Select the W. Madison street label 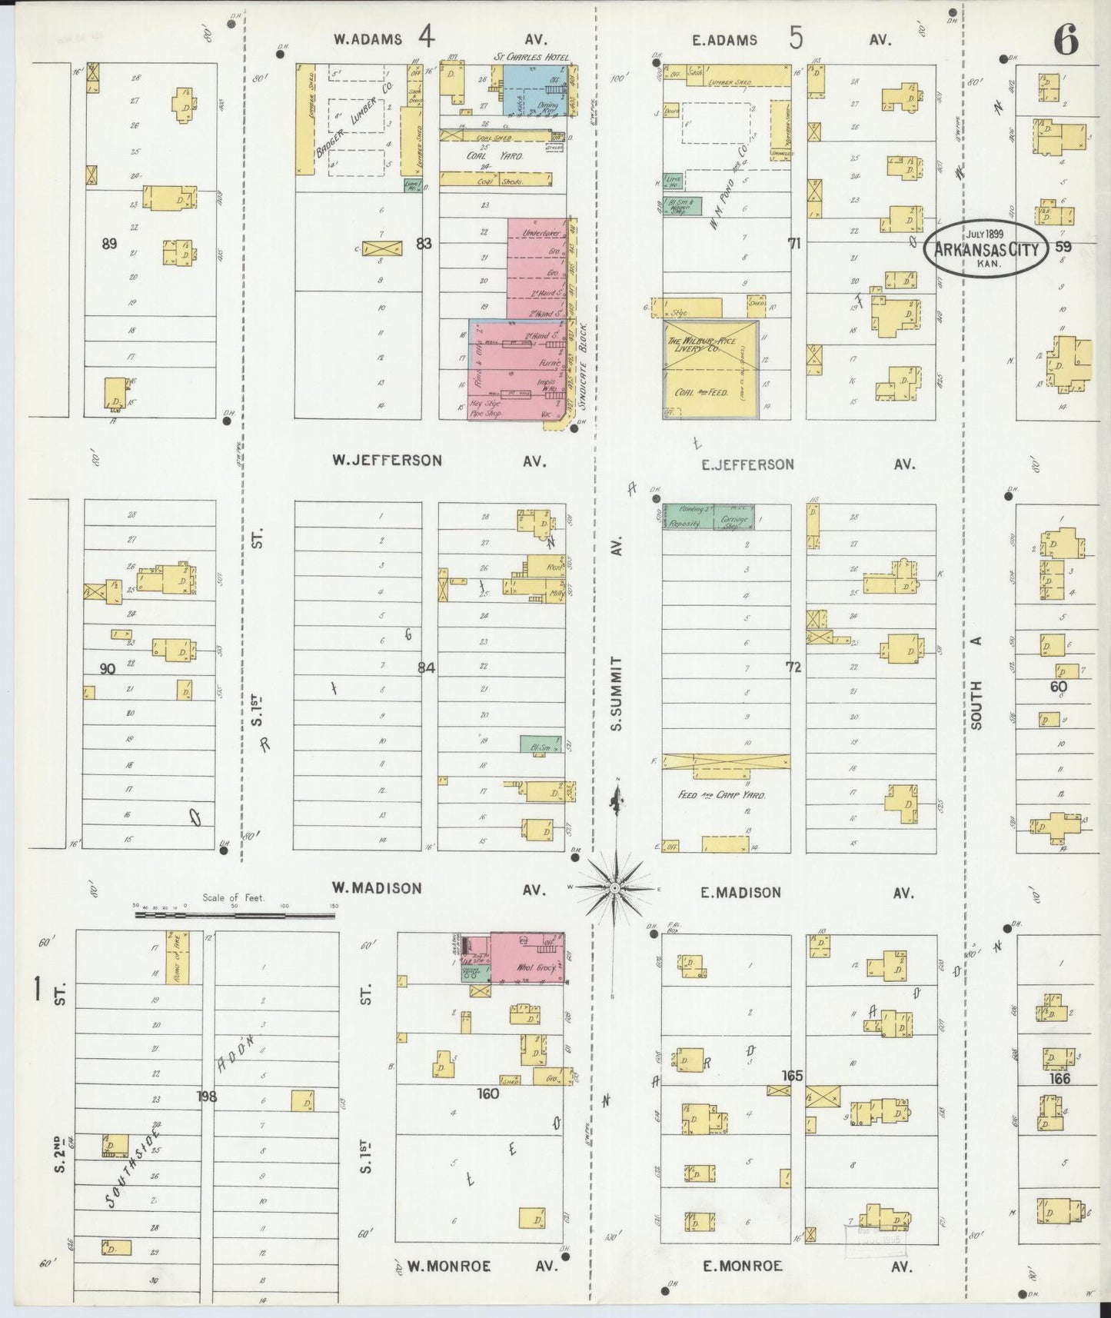tap(377, 888)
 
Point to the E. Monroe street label tap(743, 1266)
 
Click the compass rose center tap(614, 888)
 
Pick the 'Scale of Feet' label tap(234, 897)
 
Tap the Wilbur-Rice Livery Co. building tap(711, 369)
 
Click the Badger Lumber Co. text tap(355, 121)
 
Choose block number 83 tap(423, 244)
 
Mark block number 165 tap(792, 1076)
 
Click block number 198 tap(206, 1097)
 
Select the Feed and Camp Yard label tap(722, 795)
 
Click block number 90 tap(108, 669)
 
